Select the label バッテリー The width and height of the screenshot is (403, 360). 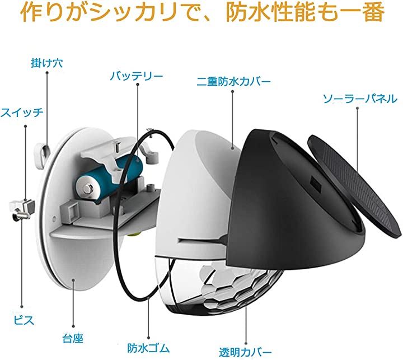[x=136, y=75]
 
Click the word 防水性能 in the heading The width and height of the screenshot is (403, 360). [x=278, y=14]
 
